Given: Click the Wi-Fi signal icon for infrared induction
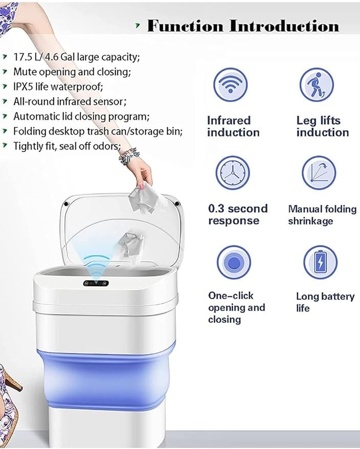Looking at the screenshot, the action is pos(231,85).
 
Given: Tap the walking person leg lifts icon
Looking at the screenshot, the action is pos(317,85).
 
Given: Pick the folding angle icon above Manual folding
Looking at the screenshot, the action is pos(319,173).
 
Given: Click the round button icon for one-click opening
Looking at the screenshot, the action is pos(234,262).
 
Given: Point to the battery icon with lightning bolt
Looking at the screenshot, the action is pos(320,262).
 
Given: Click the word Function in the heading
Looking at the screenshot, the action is pos(185,26).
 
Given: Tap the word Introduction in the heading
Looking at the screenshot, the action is pos(284,26).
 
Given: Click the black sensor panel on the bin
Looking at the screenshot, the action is pos(96,283).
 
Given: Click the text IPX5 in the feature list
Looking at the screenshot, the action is pos(24,86).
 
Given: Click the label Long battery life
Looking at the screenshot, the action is pos(325,302).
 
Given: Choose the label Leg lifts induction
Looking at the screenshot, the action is pos(323,126).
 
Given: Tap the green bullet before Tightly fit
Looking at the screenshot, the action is pos(4,146).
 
